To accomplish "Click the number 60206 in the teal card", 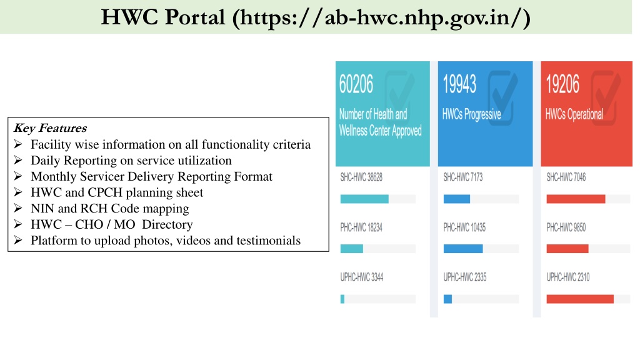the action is [x=356, y=84].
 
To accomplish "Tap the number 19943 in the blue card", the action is [x=459, y=84].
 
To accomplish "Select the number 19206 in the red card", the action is [x=562, y=84].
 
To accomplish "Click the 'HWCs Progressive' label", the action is [x=471, y=115].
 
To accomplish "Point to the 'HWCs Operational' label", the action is [x=574, y=115].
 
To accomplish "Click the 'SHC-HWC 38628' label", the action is [x=361, y=177].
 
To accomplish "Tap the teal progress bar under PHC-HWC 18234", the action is [x=351, y=249].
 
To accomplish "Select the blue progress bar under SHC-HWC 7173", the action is [x=457, y=199].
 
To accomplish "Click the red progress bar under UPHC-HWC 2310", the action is [x=580, y=299].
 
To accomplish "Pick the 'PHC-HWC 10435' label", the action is [x=464, y=227].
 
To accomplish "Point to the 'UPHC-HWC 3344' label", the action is [x=362, y=277].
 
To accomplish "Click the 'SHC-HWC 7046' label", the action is [x=566, y=177].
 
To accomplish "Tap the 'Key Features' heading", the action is [x=50, y=128].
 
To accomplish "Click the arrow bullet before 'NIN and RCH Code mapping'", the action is [x=18, y=208].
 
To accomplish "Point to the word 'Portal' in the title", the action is [x=195, y=17].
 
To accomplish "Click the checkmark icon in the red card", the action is [x=605, y=97].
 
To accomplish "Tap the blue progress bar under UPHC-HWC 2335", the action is [x=447, y=299].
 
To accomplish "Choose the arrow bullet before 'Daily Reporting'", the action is [x=18, y=160].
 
